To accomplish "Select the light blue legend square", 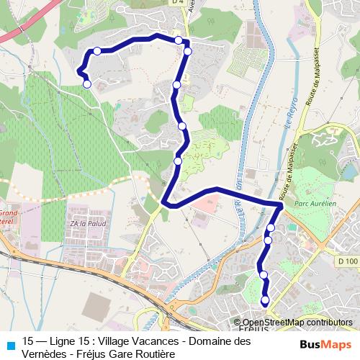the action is pyautogui.click(x=9, y=343).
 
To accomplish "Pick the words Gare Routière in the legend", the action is pyautogui.click(x=138, y=352).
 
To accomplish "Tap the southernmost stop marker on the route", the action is pyautogui.click(x=264, y=300).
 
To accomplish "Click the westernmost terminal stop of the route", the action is pyautogui.click(x=87, y=84).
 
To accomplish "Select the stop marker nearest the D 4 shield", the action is pyautogui.click(x=179, y=40).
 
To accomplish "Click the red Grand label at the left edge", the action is pyautogui.click(x=9, y=214).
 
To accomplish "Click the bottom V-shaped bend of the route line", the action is pyautogui.click(x=167, y=204).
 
